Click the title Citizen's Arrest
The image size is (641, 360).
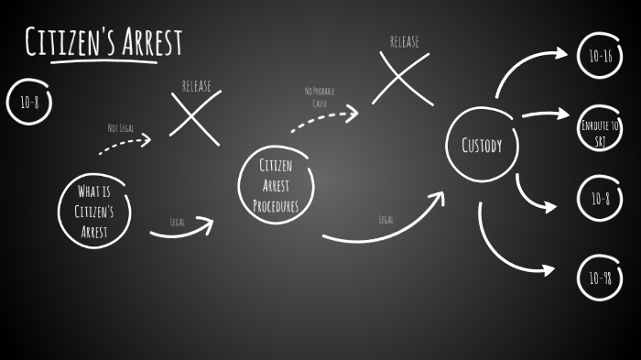pyautogui.click(x=103, y=42)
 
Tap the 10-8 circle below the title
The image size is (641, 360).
pyautogui.click(x=29, y=102)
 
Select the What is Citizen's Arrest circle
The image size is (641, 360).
pyautogui.click(x=95, y=211)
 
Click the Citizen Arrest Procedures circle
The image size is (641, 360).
pyautogui.click(x=276, y=186)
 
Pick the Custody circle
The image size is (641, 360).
pyautogui.click(x=481, y=145)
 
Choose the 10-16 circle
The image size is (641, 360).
pyautogui.click(x=601, y=55)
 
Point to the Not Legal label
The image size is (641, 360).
pyautogui.click(x=120, y=128)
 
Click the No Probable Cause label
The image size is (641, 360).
pyautogui.click(x=320, y=97)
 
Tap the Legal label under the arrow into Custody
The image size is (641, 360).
pyautogui.click(x=386, y=219)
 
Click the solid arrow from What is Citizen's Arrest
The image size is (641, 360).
pyautogui.click(x=181, y=232)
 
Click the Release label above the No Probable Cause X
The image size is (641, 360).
pyautogui.click(x=405, y=41)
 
